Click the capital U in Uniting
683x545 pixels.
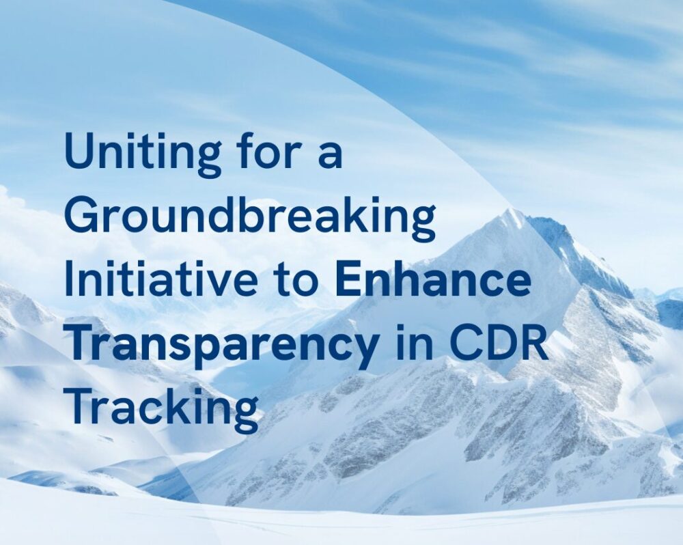click(80, 150)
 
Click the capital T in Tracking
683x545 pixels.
click(83, 406)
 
